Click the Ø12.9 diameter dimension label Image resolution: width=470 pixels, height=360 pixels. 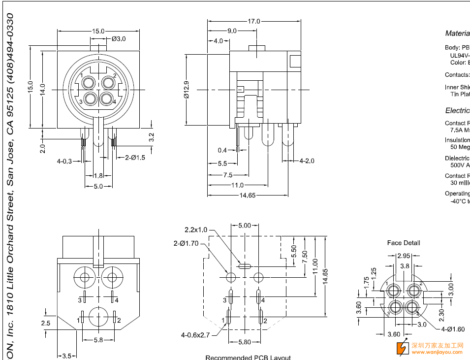pos(187,89)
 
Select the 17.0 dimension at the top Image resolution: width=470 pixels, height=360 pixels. pos(254,21)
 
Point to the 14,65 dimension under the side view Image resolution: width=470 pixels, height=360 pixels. pos(247,195)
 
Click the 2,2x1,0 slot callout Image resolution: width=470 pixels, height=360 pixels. pos(196,229)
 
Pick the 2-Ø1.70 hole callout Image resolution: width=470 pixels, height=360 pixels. pos(186,243)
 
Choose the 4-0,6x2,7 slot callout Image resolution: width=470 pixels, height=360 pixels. pos(195,335)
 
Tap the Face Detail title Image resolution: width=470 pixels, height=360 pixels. pos(404,243)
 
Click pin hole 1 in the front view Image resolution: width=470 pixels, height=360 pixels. pos(90,82)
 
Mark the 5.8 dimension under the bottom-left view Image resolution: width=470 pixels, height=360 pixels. pos(97,340)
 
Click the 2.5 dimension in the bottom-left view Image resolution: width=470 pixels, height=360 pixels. pos(46,323)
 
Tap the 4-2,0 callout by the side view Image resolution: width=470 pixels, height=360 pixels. pos(307,161)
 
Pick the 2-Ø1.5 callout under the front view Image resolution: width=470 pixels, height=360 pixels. pos(135,158)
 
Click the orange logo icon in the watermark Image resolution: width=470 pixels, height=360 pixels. pos(403,348)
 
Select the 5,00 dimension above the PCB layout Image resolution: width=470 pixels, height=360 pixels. pos(245,225)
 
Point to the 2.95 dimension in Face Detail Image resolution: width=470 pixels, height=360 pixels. pos(404,256)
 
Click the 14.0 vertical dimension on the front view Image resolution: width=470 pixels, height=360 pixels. pos(43,89)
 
